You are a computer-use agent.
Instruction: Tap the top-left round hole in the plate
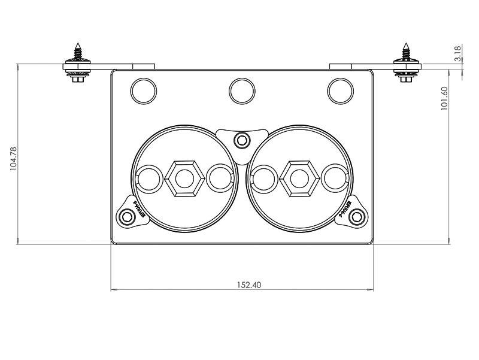point(144,91)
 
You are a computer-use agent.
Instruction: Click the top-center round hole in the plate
point(242,91)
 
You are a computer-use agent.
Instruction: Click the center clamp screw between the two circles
point(242,141)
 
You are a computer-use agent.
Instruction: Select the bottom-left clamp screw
point(126,217)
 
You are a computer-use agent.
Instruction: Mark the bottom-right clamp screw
point(357,217)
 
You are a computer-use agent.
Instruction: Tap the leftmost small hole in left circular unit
point(149,179)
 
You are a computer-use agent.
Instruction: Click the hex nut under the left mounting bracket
point(78,78)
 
